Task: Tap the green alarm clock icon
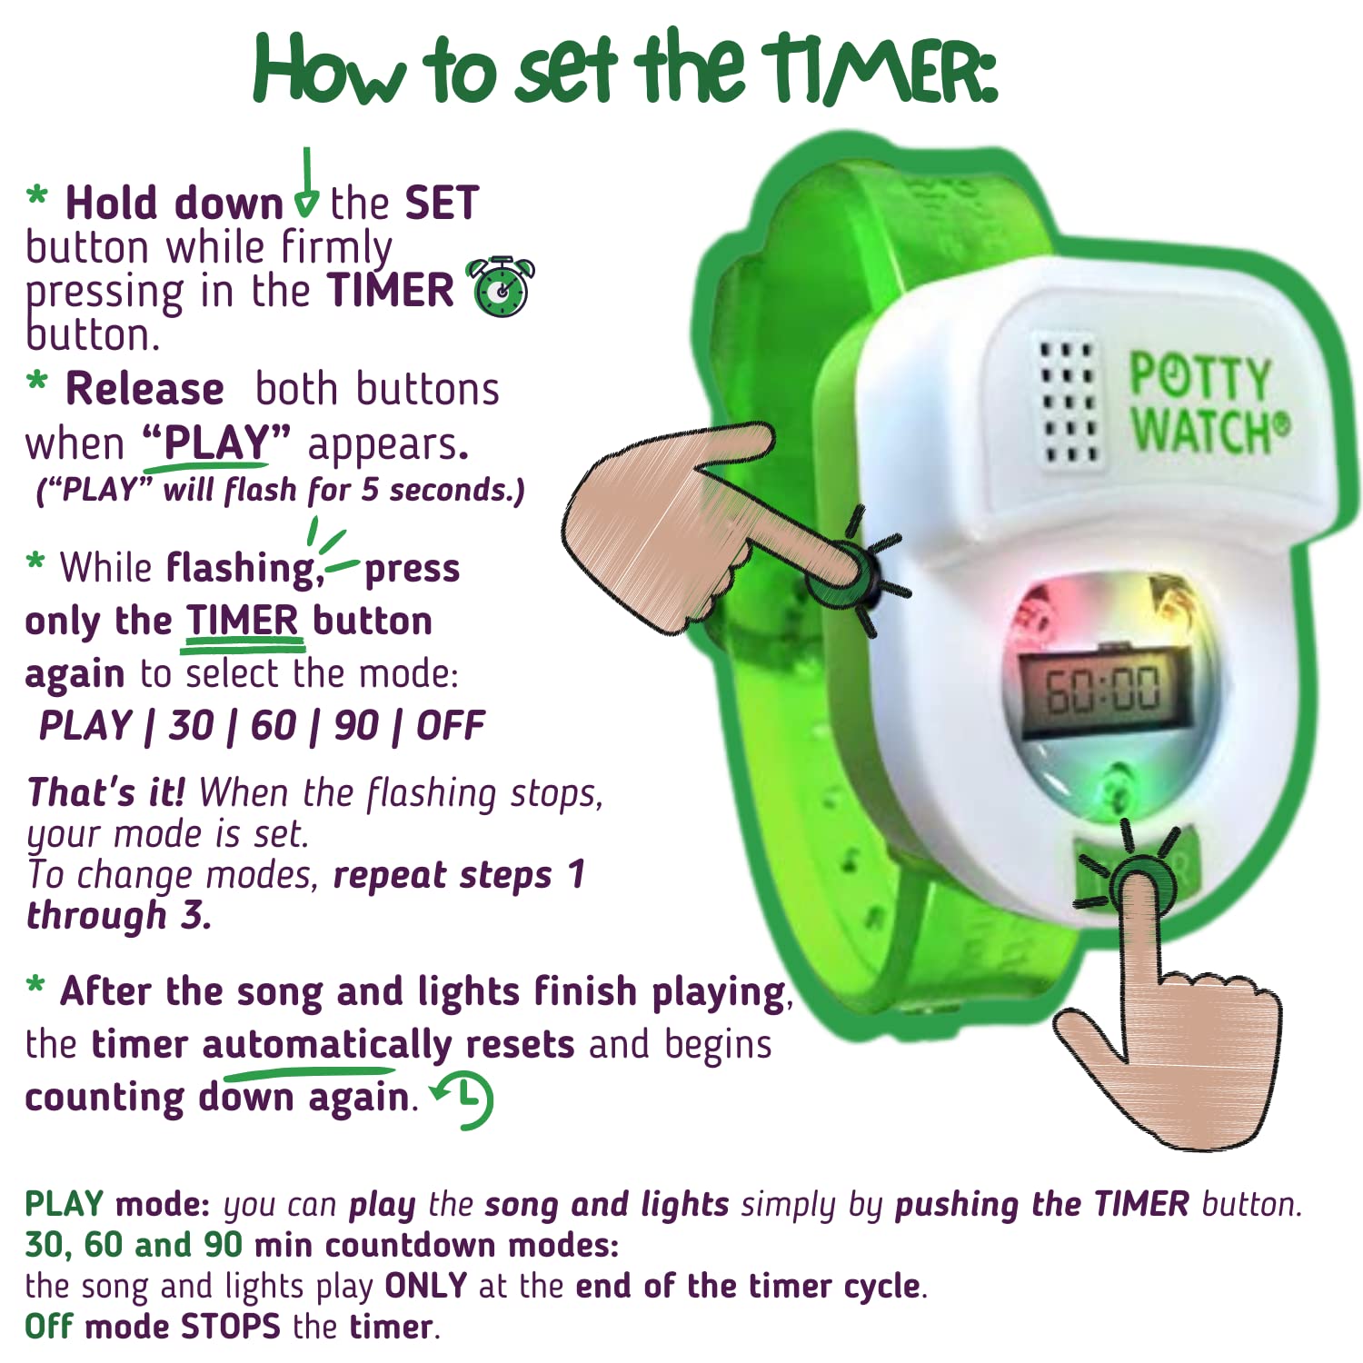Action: pos(500,287)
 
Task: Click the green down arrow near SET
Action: pos(307,186)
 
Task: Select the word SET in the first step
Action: pos(442,203)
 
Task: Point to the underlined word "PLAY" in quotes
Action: pos(216,443)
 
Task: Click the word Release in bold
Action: pos(144,389)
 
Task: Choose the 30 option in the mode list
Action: pos(191,725)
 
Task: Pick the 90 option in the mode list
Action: pos(355,725)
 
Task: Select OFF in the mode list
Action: pos(451,725)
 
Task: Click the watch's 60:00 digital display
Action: pos(1103,689)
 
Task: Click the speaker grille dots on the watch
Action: pos(1069,401)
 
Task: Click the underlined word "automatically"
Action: pos(326,1045)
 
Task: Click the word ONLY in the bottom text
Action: pos(425,1286)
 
